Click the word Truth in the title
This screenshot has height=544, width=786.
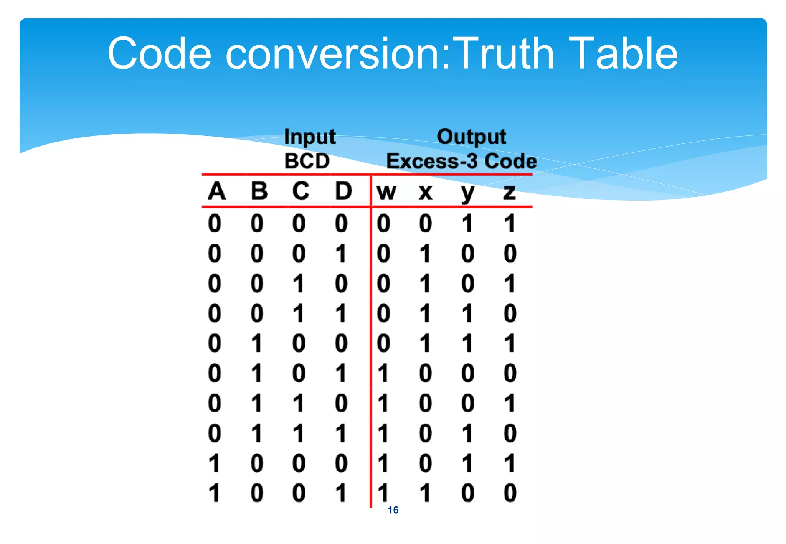coord(505,53)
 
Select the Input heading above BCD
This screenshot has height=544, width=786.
coord(310,137)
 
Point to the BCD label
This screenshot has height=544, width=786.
coord(307,161)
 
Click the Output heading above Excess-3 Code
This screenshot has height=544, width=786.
coord(471,137)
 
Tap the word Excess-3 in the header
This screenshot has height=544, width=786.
coord(432,161)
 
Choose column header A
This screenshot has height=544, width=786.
coord(216,191)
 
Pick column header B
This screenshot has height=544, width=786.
coord(259,191)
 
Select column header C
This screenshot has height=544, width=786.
coord(301,191)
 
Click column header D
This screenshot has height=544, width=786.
coord(343,191)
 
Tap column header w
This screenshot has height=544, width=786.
coord(386,192)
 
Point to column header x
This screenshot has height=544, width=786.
coord(425,192)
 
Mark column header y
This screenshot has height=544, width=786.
coord(467,193)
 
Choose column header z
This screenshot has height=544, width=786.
coord(509,192)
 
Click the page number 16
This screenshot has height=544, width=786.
coord(393,510)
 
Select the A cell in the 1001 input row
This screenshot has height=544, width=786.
coord(215,493)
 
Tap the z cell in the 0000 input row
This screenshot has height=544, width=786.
coord(509,223)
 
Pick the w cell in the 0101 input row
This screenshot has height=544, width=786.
coord(383,373)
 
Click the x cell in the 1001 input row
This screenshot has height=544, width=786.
coord(425,493)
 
